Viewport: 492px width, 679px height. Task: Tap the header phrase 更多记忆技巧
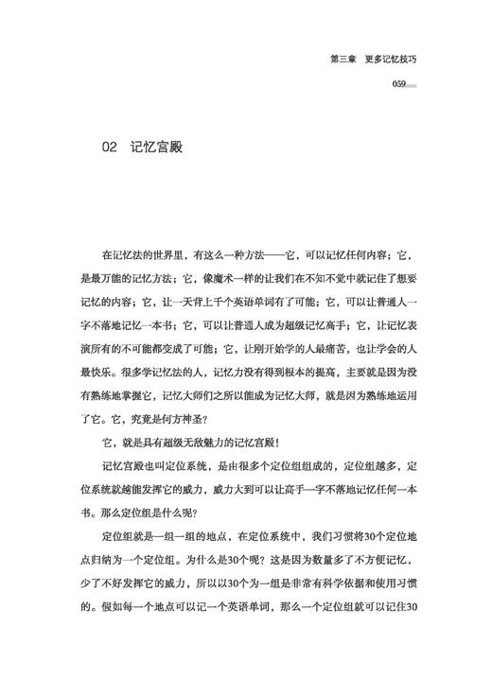point(391,59)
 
